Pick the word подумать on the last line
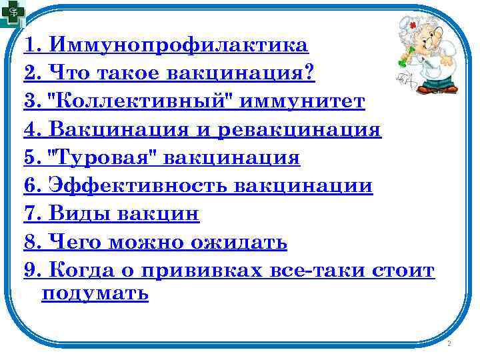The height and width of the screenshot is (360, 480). pyautogui.click(x=95, y=294)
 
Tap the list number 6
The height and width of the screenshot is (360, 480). pyautogui.click(x=30, y=186)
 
